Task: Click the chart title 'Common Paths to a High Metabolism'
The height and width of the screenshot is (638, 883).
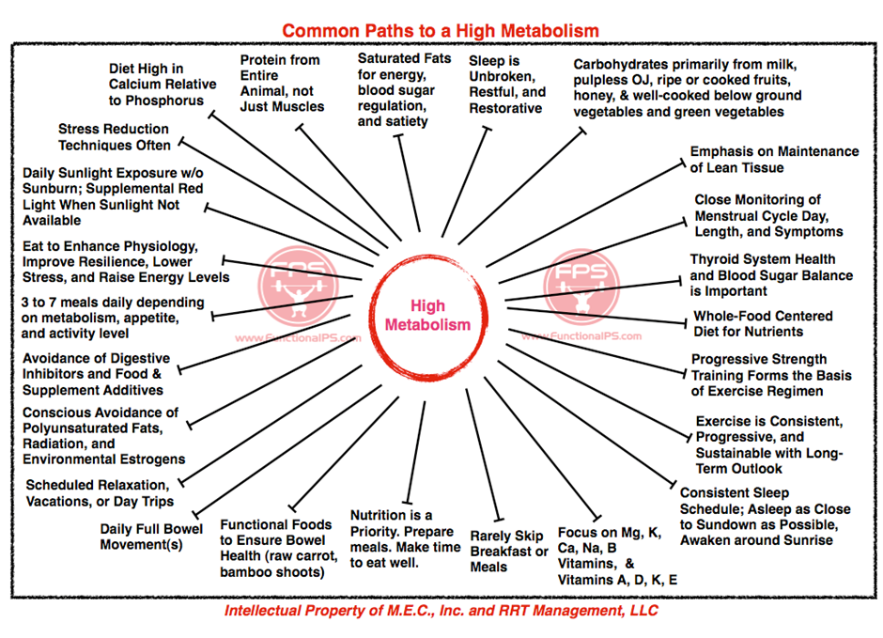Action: click(441, 30)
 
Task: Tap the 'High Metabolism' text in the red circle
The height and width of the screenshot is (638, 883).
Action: click(427, 316)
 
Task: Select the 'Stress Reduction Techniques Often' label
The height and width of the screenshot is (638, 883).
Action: click(115, 137)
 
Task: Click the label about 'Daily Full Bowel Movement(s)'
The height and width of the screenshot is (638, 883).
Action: click(151, 537)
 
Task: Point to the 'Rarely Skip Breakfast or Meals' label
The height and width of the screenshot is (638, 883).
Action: click(509, 552)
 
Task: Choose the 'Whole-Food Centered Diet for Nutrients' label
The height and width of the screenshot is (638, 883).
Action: click(763, 324)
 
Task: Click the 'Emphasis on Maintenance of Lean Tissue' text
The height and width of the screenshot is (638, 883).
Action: click(774, 160)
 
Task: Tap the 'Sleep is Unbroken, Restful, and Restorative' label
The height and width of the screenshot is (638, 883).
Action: click(507, 85)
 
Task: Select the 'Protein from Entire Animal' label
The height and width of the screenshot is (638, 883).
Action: click(282, 84)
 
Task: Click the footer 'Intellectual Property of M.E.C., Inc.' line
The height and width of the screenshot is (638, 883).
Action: click(441, 611)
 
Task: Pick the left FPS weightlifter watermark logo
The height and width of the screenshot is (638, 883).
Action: click(298, 286)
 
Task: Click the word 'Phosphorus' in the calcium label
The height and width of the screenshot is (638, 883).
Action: click(164, 101)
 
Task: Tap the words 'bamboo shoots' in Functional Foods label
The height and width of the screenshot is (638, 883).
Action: click(272, 572)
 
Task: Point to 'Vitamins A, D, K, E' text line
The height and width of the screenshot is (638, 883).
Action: click(617, 580)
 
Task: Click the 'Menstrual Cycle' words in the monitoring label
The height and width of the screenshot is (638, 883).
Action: click(746, 216)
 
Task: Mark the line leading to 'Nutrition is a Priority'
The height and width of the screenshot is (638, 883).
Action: click(416, 452)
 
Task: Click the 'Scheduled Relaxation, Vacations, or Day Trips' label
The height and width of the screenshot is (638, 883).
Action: click(100, 493)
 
